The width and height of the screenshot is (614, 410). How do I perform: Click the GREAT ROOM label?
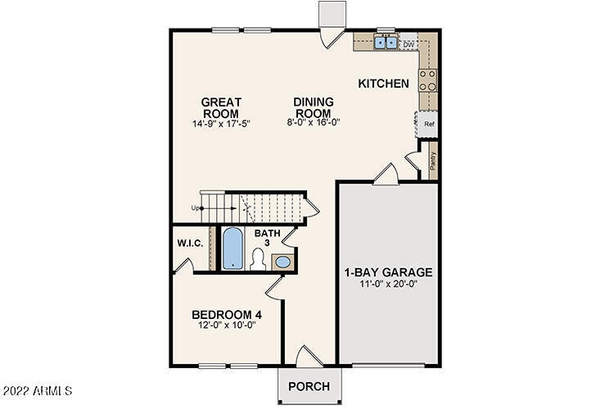click(220, 107)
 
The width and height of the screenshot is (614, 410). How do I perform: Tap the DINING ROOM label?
click(313, 107)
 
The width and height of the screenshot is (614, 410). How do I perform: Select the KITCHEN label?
click(383, 84)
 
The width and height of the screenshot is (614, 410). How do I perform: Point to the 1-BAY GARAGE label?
click(387, 272)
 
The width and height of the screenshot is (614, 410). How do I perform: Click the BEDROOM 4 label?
click(226, 314)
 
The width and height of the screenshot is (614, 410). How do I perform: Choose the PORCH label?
click(310, 386)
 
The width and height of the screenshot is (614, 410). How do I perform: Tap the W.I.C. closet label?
click(190, 243)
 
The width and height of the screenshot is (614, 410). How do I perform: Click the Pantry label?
click(432, 160)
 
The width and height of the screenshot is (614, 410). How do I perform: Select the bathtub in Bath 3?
click(233, 249)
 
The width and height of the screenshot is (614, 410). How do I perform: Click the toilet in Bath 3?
click(257, 261)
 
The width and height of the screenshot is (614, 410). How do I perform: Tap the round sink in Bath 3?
click(282, 262)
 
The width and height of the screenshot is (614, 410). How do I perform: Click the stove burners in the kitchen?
click(427, 80)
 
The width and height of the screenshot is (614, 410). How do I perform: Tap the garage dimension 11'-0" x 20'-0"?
click(387, 285)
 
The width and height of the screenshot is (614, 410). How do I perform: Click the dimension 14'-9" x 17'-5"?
click(220, 123)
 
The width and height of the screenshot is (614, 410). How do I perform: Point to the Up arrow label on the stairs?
click(196, 207)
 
